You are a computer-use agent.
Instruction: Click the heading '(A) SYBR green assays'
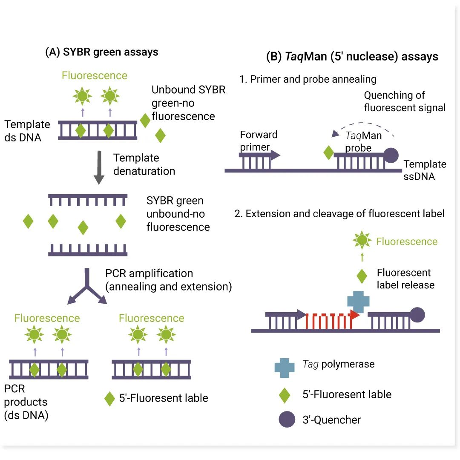click(102, 52)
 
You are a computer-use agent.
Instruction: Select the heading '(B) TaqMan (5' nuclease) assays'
click(352, 57)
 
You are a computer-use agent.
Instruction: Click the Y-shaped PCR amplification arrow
click(87, 287)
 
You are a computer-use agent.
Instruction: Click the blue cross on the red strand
click(358, 301)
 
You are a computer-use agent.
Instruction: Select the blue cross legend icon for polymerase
click(285, 367)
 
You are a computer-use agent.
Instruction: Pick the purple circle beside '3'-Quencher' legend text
click(287, 419)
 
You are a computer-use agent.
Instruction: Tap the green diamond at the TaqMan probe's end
click(328, 153)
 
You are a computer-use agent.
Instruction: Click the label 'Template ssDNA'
click(424, 170)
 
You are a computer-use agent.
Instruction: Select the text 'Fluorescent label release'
click(405, 279)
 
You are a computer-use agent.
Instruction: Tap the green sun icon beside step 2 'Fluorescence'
click(362, 241)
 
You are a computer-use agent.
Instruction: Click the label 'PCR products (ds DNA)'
click(26, 402)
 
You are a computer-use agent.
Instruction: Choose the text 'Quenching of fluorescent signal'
click(404, 101)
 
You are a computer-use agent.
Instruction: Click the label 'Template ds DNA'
click(27, 131)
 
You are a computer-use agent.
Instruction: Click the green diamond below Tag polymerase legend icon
click(284, 394)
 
